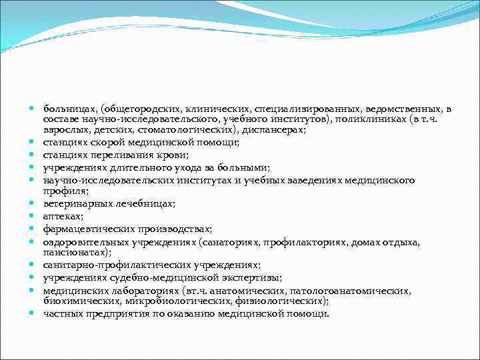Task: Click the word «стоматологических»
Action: [x=182, y=130]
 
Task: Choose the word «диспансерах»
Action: [x=274, y=130]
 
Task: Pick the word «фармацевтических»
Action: [x=85, y=228]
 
